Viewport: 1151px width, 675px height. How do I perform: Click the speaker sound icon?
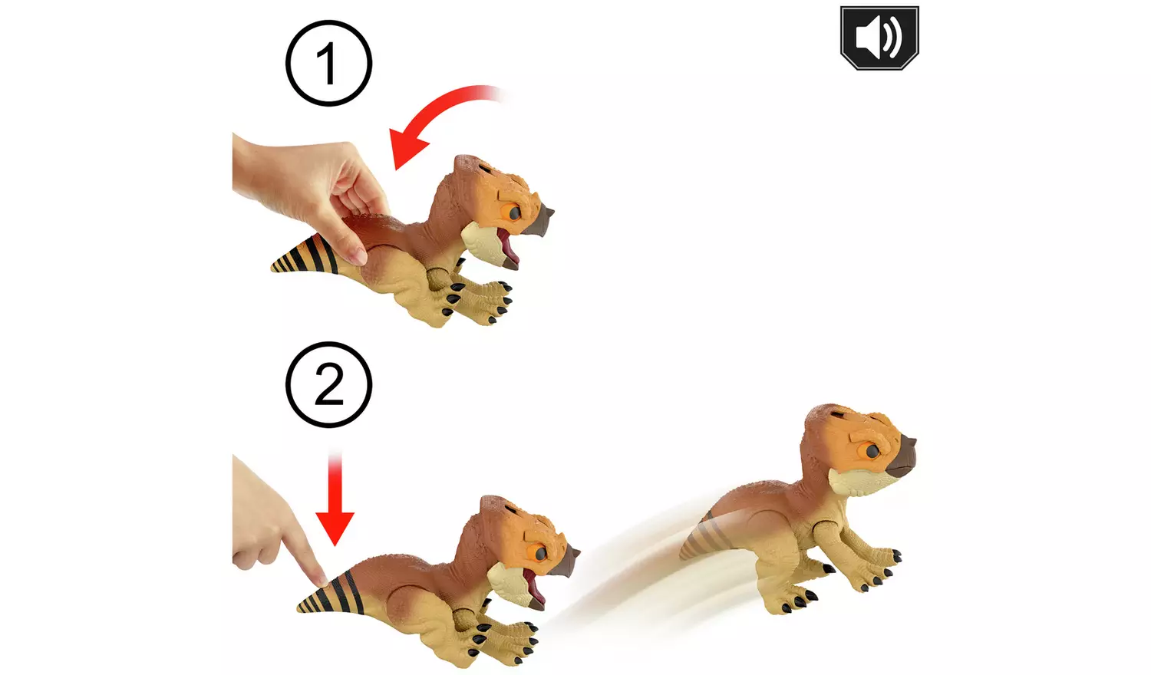pyautogui.click(x=879, y=38)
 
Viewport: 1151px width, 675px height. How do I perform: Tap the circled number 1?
pyautogui.click(x=329, y=63)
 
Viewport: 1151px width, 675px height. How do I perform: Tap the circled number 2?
pyautogui.click(x=329, y=385)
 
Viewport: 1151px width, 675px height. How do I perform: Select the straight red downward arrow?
pyautogui.click(x=335, y=499)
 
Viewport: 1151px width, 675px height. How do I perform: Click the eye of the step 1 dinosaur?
pyautogui.click(x=514, y=212)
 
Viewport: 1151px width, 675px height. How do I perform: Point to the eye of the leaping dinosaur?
pyautogui.click(x=872, y=451)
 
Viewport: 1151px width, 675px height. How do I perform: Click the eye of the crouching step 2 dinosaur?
pyautogui.click(x=540, y=553)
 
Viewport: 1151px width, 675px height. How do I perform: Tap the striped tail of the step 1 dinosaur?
pyautogui.click(x=304, y=256)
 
